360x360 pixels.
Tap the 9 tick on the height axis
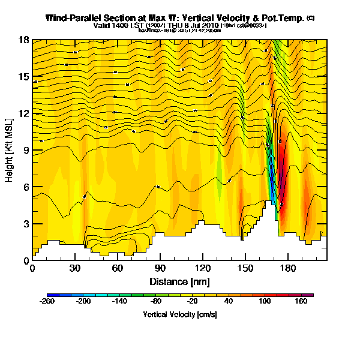click(25, 150)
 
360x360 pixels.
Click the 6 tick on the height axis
click(25, 187)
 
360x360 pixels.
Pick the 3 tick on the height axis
click(25, 224)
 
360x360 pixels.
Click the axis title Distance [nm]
click(179, 281)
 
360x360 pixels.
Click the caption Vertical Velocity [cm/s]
click(179, 314)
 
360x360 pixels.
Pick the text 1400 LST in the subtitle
click(126, 26)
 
